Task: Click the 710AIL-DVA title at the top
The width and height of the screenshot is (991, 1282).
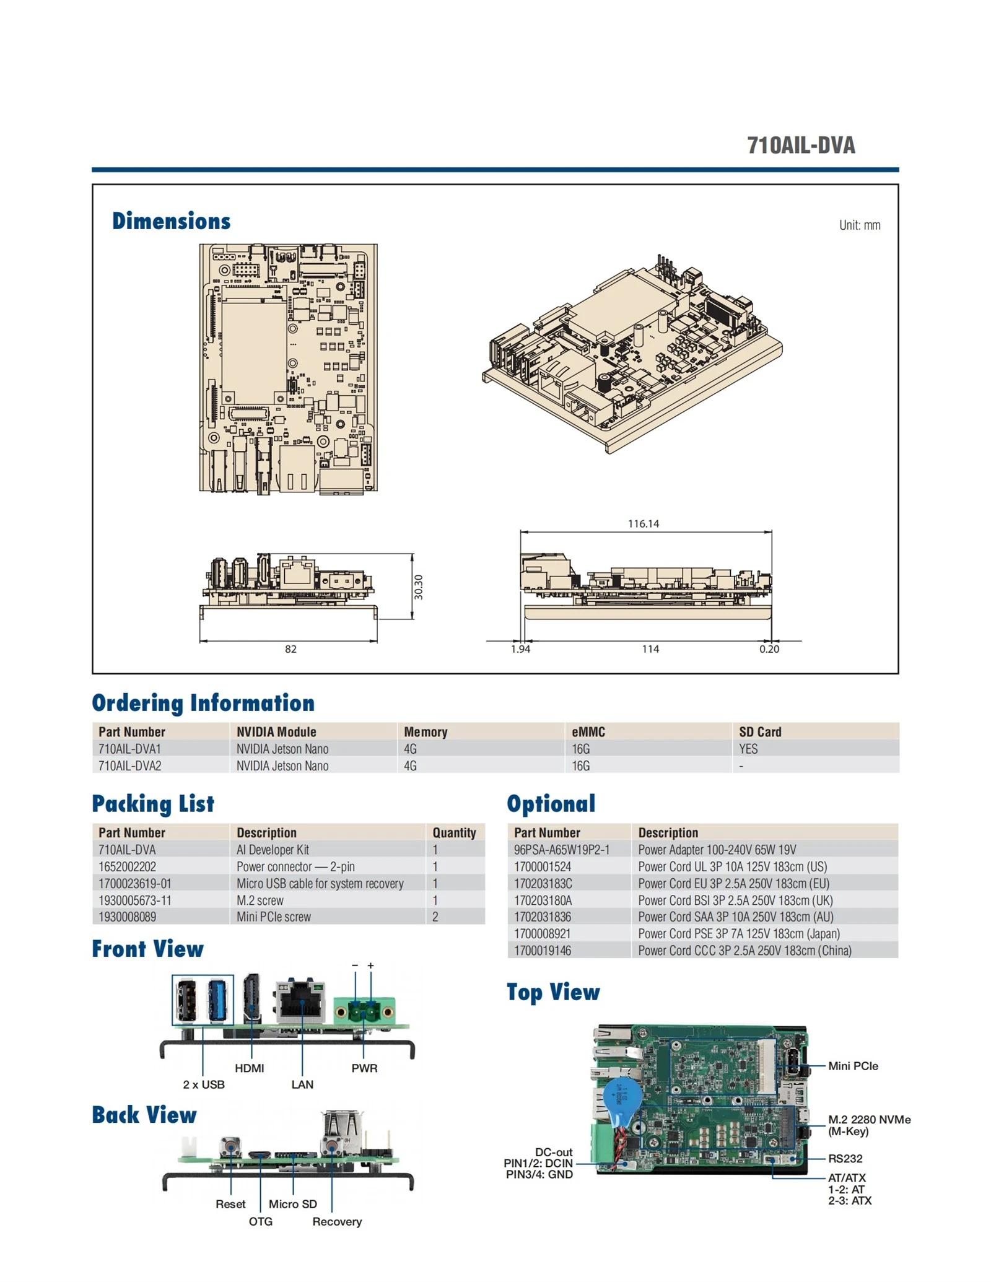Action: pos(800,145)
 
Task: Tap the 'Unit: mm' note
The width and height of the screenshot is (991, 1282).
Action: pos(859,225)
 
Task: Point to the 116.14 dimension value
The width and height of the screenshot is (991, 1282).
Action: pos(643,523)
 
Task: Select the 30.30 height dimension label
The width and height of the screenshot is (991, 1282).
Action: pos(418,586)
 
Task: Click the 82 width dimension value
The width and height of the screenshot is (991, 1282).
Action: pos(290,648)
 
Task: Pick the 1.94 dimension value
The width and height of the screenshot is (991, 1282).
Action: pos(520,648)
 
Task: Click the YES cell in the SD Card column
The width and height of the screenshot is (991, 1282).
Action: pos(748,748)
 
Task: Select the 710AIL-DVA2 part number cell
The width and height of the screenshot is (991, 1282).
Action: pos(129,765)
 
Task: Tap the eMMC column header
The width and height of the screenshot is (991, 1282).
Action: pos(588,731)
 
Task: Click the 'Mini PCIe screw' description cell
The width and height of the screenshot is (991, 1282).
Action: pos(273,917)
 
